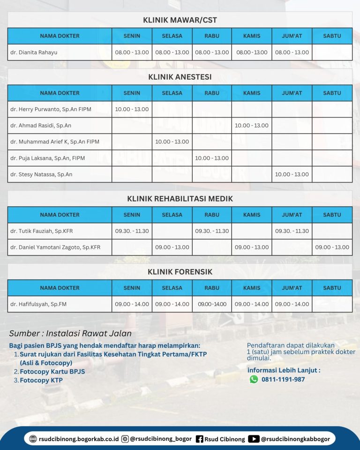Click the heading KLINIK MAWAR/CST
(180, 20)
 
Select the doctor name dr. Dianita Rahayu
(34, 52)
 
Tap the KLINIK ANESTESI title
(180, 77)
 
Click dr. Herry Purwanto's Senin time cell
(132, 109)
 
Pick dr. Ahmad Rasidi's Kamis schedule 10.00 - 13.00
(252, 126)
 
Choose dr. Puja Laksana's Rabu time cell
(212, 158)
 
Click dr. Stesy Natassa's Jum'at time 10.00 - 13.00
(292, 174)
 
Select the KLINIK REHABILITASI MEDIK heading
(180, 199)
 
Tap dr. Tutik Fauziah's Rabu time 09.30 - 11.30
(212, 231)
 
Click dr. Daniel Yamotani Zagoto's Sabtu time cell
(332, 247)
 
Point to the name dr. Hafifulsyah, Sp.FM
(38, 304)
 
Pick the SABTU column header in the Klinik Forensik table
(332, 288)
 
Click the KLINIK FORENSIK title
(180, 272)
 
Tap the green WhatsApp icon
(254, 379)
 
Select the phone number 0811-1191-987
(283, 379)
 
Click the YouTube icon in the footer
(254, 439)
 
